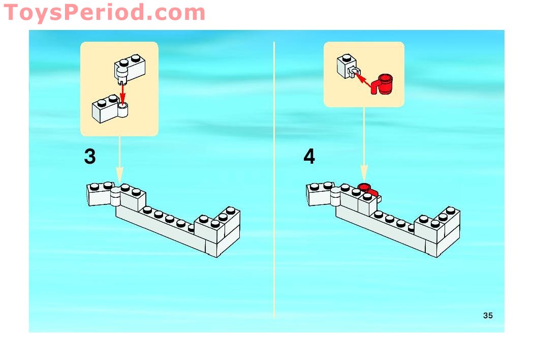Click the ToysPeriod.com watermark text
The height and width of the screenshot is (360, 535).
point(104,13)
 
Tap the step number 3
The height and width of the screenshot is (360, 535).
point(90,157)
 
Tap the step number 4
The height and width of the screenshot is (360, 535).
point(309,157)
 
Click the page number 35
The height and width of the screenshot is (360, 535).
point(488,316)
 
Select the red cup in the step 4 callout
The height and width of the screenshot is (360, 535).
point(383,84)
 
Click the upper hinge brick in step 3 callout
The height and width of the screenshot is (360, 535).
point(130,69)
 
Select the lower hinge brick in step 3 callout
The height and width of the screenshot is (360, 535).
point(110,109)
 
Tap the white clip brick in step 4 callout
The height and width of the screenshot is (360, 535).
point(348,66)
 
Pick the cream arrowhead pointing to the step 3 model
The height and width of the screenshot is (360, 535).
point(119,175)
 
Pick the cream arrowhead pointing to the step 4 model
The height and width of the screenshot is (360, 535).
point(364,174)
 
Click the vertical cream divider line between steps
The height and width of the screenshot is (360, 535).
point(274,180)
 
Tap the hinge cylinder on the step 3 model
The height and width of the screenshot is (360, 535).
point(115,197)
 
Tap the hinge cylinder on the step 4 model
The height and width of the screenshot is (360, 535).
point(335,197)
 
